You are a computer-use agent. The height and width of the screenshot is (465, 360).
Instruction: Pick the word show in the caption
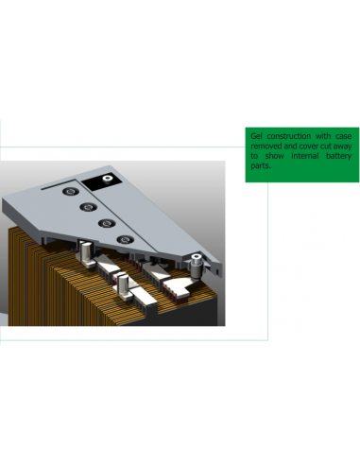[277, 157]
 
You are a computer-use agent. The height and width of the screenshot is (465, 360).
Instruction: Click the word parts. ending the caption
[260, 166]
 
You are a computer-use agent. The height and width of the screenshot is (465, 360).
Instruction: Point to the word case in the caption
[343, 137]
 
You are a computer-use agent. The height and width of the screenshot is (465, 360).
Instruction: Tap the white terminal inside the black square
[108, 176]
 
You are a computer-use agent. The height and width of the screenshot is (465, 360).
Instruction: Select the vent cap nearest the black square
[71, 192]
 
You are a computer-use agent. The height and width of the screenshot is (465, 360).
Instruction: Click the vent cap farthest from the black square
[127, 239]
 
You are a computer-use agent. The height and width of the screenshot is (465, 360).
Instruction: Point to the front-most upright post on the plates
[123, 286]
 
